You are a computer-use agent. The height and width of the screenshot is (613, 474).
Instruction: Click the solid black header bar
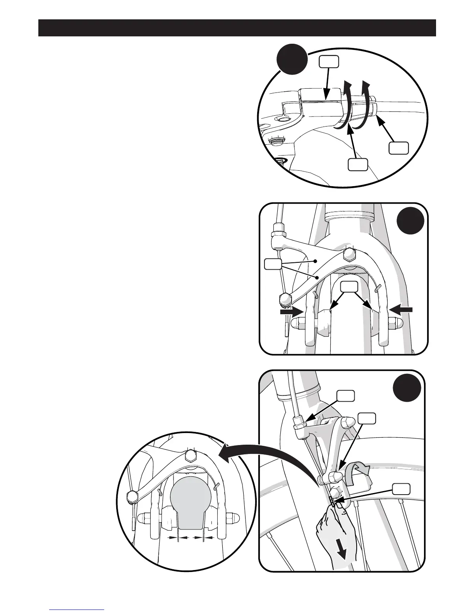tap(237, 28)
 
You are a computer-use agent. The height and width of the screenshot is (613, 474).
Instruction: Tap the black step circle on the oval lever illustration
tap(292, 60)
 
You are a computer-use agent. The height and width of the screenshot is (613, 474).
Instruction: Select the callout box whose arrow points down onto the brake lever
tap(329, 61)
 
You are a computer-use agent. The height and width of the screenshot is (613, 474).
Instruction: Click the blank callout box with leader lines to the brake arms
tap(272, 264)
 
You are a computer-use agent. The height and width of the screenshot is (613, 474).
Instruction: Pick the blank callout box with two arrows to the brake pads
tap(349, 287)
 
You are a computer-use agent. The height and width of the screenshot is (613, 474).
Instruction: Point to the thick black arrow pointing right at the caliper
tap(291, 310)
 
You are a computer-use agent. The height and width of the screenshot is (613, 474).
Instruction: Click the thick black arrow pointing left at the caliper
tap(402, 309)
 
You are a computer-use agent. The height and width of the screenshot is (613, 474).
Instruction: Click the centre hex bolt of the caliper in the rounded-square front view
tap(350, 254)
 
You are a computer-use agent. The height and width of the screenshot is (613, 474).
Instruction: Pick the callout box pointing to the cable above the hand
tap(401, 490)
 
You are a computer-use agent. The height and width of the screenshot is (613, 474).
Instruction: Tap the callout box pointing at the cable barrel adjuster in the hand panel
tap(344, 396)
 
